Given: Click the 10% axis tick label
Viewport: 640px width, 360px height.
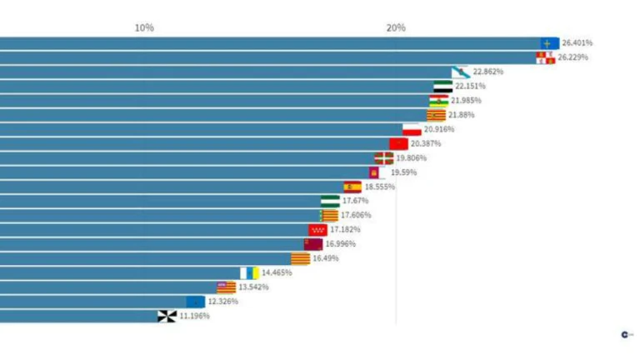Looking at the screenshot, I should click(144, 27).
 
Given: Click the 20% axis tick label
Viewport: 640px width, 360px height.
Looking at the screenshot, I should click(396, 27).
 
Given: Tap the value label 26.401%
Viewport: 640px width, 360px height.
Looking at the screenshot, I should click(577, 42).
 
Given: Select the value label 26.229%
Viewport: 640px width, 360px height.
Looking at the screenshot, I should click(572, 57).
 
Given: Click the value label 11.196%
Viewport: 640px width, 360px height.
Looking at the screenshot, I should click(193, 316).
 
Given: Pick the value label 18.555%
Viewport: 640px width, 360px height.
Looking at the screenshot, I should click(380, 187).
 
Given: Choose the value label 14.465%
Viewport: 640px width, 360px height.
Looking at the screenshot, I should click(277, 272).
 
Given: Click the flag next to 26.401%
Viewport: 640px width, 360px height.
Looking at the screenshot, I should click(549, 43).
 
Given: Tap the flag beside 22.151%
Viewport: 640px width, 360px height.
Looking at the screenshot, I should click(443, 87).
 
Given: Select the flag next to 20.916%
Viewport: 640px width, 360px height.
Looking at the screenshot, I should click(412, 129).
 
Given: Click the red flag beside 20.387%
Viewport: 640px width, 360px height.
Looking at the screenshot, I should click(398, 144).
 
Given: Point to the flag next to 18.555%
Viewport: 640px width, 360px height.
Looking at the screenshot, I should click(352, 187).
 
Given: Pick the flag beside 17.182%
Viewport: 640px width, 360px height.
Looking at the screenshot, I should click(318, 230).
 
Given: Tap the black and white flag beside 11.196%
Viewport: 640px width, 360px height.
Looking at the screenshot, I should click(167, 316).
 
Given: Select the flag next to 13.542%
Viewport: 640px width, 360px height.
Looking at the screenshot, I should click(226, 287).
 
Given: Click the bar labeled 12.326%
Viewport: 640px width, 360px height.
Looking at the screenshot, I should click(92, 302).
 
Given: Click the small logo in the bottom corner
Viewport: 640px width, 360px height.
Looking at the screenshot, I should click(625, 334).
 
